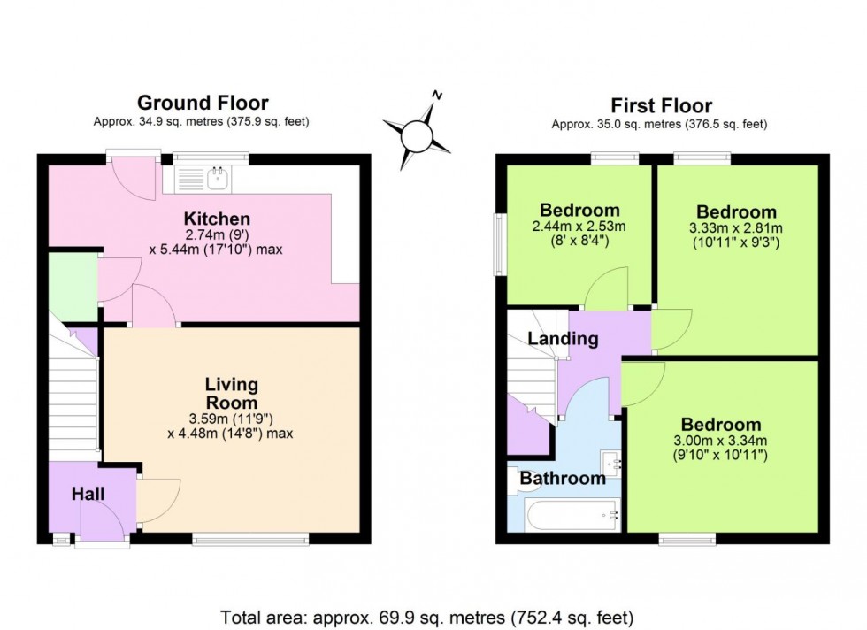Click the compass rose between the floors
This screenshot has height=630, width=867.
tap(417, 134)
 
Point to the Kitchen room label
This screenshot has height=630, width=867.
tap(217, 219)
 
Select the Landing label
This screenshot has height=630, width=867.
tap(564, 339)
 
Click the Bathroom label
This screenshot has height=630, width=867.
tap(562, 479)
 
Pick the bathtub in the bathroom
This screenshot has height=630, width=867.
tap(572, 515)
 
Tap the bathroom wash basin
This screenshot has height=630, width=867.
tap(610, 462)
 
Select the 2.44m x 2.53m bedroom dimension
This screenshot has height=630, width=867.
tap(579, 227)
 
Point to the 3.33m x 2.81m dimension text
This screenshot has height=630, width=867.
tap(736, 227)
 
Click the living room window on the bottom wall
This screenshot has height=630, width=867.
tap(250, 538)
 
